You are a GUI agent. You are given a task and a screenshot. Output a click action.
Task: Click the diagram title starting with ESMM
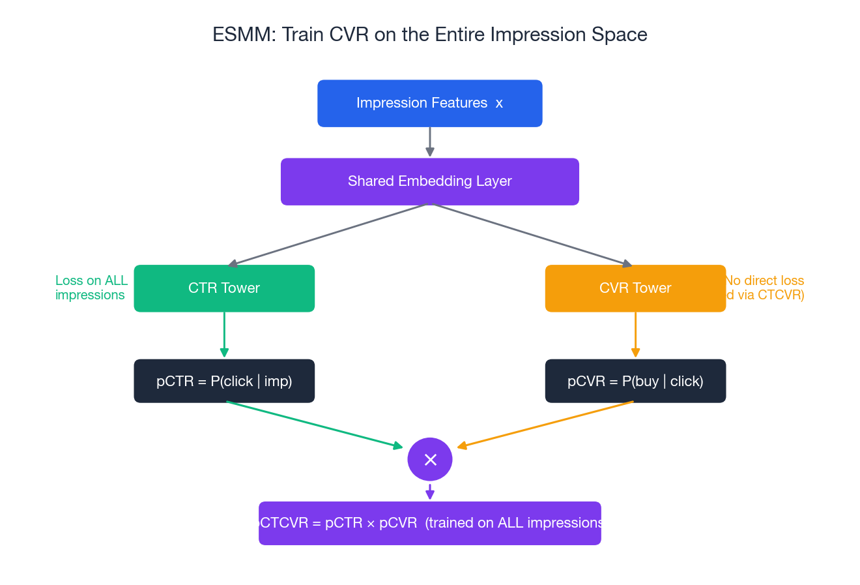tap(429, 35)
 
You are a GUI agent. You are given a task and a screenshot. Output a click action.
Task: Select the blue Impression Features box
tap(429, 103)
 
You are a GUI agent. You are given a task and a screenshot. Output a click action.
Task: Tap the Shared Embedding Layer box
tap(429, 181)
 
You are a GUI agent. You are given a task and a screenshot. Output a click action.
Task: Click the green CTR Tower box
tap(224, 288)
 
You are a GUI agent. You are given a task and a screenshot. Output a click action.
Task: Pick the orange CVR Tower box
tap(635, 288)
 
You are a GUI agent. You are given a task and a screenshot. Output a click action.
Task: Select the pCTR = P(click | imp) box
tap(224, 381)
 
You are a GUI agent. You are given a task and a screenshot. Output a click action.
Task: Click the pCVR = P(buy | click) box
tap(635, 381)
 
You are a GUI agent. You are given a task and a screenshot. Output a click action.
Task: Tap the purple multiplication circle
tap(430, 460)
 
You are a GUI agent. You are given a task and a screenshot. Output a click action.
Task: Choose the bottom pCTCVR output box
tap(429, 523)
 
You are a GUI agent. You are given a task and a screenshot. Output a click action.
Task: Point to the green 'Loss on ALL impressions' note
tap(91, 288)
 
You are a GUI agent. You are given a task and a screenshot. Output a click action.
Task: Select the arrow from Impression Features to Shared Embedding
tap(430, 142)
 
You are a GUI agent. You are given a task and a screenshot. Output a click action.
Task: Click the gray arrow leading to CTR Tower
tap(326, 235)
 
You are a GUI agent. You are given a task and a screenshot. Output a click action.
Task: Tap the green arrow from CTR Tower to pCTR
tap(224, 335)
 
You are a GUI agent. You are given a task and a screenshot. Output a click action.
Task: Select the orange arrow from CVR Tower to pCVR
tap(635, 335)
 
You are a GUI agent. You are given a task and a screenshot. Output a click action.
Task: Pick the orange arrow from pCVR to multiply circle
tap(545, 425)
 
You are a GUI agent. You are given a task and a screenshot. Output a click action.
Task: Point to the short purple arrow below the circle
tap(430, 492)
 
